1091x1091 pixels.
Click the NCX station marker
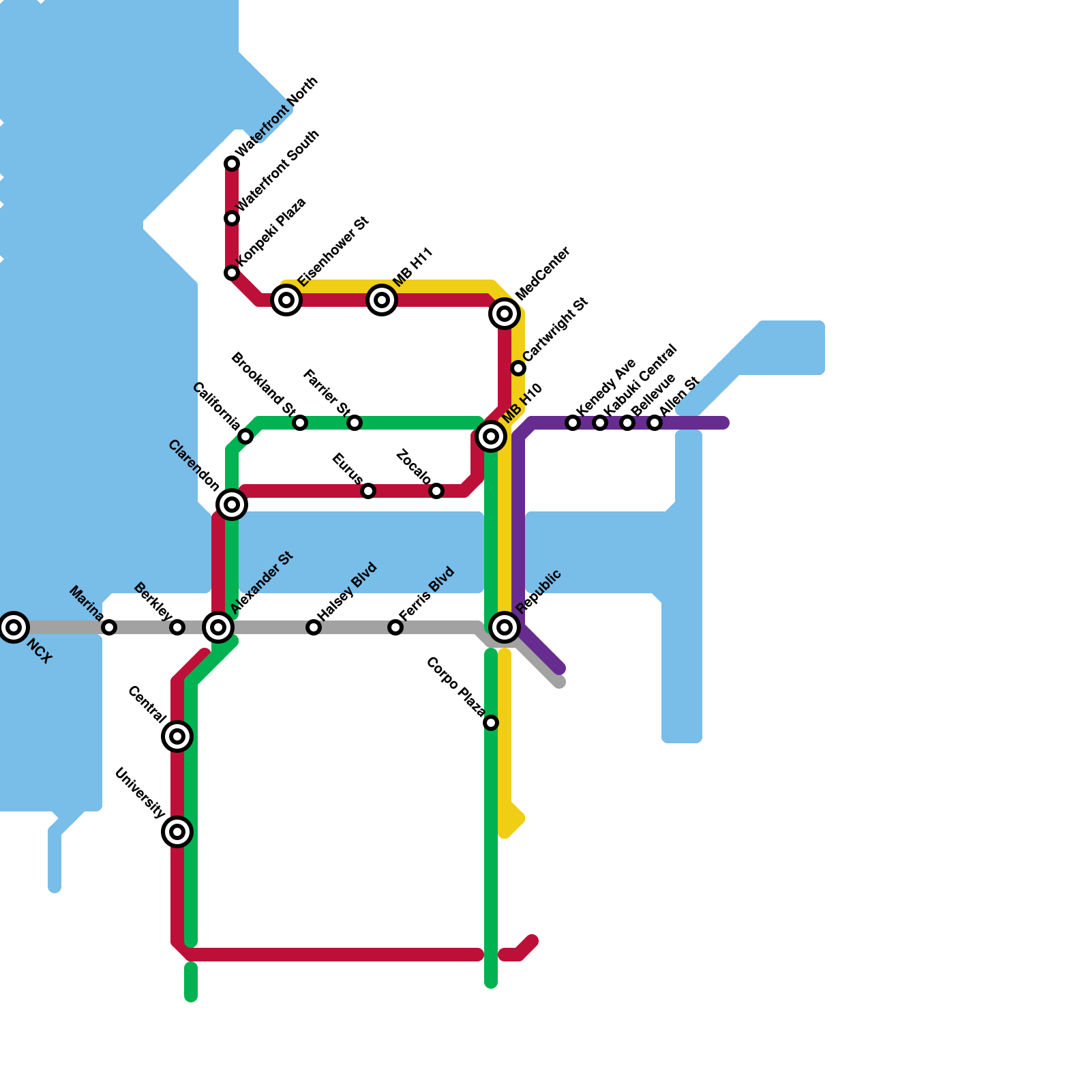[x=14, y=627]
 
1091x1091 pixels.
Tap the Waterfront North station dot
[x=232, y=164]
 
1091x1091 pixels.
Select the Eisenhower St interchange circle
[x=286, y=300]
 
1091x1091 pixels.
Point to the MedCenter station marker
[x=505, y=314]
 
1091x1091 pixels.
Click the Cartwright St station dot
[x=518, y=368]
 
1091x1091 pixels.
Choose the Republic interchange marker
[x=505, y=627]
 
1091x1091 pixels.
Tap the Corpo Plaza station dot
[x=491, y=723]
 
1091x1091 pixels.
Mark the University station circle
[x=177, y=832]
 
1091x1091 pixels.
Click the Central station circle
[x=177, y=736]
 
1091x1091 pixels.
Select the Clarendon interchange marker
[x=232, y=505]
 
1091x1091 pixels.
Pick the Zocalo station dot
[x=436, y=491]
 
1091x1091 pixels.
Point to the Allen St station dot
[x=655, y=423]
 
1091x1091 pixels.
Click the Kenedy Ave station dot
[x=573, y=423]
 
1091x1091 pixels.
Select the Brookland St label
[x=263, y=383]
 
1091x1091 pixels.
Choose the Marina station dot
[x=109, y=627]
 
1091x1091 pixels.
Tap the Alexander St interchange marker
[x=218, y=627]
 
